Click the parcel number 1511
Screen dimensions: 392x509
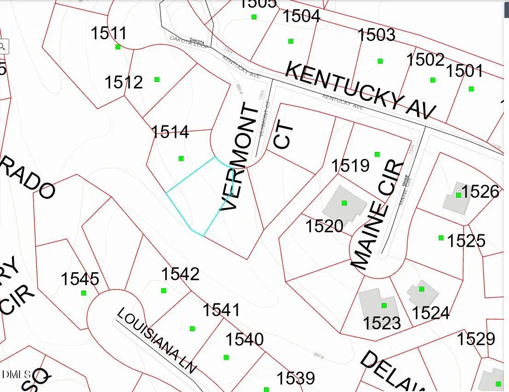[x=109, y=34]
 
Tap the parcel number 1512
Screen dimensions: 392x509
[x=124, y=82]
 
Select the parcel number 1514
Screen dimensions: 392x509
[x=170, y=132]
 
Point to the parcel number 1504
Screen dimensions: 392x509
[x=301, y=17]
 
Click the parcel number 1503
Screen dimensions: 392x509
[x=376, y=35]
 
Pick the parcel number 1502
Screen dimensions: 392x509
[x=425, y=60]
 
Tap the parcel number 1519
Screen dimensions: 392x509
[x=350, y=165]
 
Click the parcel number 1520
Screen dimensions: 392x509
[x=325, y=226]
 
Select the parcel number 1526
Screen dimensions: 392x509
[x=480, y=192]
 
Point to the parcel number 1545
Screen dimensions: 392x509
[x=80, y=279]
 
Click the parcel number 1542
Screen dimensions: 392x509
[x=180, y=274]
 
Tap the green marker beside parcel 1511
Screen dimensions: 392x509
[x=118, y=47]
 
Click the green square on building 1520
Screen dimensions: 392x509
[x=344, y=203]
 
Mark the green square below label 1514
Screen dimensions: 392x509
[x=181, y=158]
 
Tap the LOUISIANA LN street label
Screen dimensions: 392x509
[x=157, y=340]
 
